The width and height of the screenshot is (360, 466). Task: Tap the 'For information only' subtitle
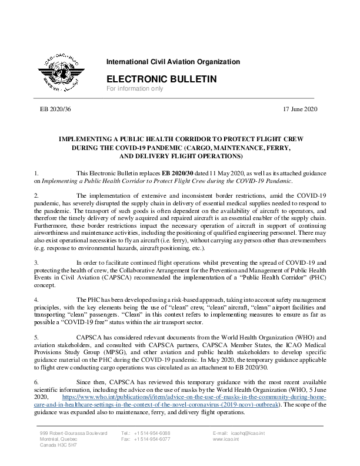tap(134, 89)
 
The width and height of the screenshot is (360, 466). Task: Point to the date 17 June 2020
tap(300, 109)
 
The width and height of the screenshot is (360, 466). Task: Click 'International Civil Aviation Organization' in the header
tap(173, 62)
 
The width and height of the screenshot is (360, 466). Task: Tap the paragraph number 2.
tap(36, 194)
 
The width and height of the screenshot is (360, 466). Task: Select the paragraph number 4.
tap(36, 299)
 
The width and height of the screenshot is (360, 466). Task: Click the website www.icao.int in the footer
tap(225, 439)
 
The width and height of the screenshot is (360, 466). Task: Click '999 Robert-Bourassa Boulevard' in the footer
tap(74, 433)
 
